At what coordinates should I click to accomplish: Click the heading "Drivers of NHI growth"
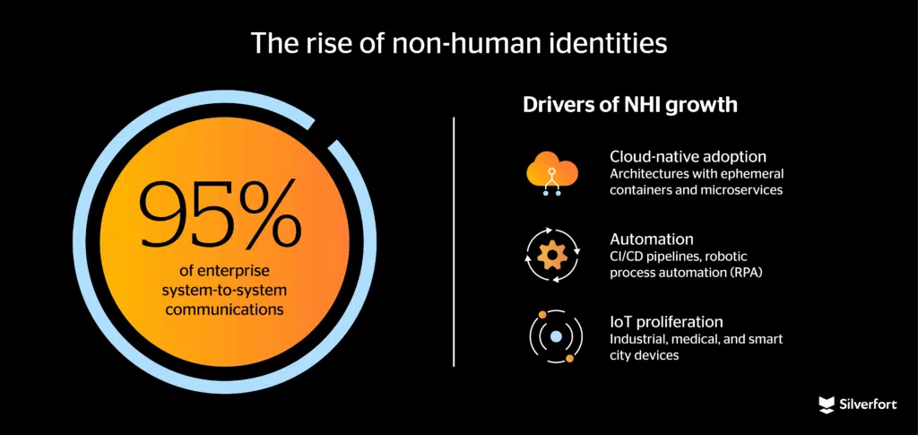click(630, 105)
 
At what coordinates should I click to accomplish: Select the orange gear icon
click(551, 255)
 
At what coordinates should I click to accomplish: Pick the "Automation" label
click(651, 239)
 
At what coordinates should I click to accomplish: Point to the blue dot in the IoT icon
click(555, 337)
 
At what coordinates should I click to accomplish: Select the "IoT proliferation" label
click(666, 321)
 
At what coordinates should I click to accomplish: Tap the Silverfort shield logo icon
click(827, 405)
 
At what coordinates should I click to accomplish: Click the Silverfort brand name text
click(870, 405)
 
